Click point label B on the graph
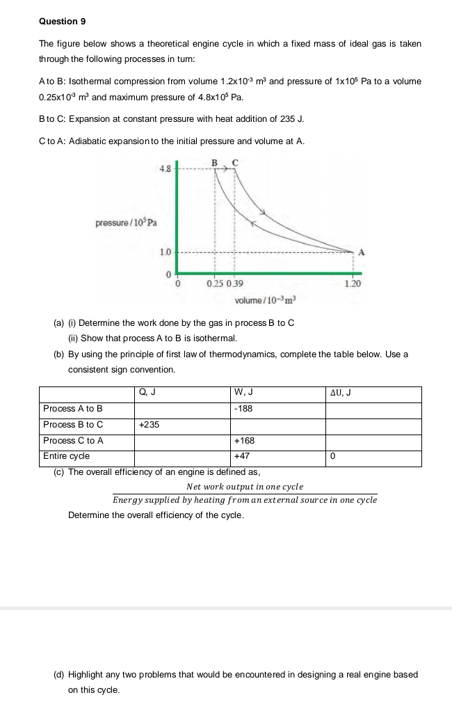pyautogui.click(x=214, y=163)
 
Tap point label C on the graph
pyautogui.click(x=234, y=163)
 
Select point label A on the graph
pyautogui.click(x=362, y=251)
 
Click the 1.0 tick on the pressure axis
pyautogui.click(x=165, y=251)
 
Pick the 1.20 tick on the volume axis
pyautogui.click(x=353, y=284)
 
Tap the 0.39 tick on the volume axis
pyautogui.click(x=236, y=284)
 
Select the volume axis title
pyautogui.click(x=266, y=300)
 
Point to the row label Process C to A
pyautogui.click(x=73, y=441)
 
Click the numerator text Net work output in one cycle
pyautogui.click(x=245, y=486)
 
